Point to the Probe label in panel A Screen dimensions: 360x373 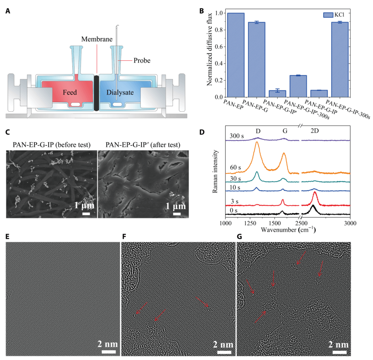(142, 61)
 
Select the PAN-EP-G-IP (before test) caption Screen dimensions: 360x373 (51, 144)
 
